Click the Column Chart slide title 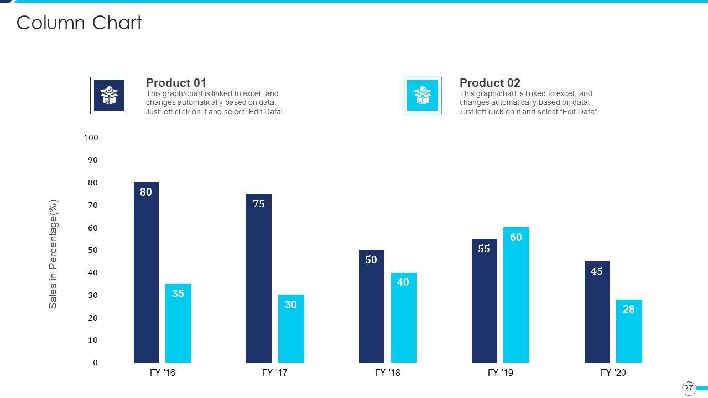click(79, 23)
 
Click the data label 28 click(629, 310)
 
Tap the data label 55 click(484, 249)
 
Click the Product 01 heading click(176, 83)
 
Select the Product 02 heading click(490, 83)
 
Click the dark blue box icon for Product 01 click(109, 96)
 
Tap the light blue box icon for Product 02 click(423, 96)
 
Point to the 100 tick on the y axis click(91, 138)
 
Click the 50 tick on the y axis click(92, 250)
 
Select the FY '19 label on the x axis click(500, 373)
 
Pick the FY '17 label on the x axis click(274, 373)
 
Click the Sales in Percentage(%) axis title click(53, 254)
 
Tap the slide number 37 click(689, 389)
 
